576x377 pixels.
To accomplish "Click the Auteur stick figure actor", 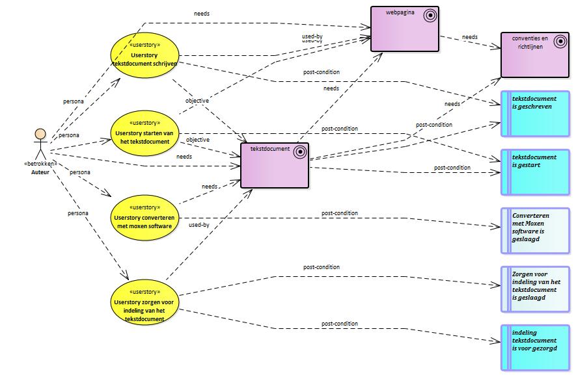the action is [40, 144].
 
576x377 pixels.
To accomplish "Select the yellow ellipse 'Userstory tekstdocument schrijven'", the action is [144, 55].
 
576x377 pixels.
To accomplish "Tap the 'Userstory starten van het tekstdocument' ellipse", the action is [144, 133].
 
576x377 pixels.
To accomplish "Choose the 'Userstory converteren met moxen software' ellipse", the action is [144, 218].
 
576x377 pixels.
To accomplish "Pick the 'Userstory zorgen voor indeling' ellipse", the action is [144, 302].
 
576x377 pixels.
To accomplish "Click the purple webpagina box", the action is [405, 29].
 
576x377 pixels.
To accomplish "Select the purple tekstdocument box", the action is [275, 165].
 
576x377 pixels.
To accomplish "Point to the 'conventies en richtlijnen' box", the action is [535, 55].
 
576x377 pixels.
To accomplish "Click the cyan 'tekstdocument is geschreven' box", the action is [535, 114].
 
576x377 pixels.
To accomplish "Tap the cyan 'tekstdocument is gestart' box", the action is [535, 172].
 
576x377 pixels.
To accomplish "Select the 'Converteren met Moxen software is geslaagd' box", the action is [535, 231].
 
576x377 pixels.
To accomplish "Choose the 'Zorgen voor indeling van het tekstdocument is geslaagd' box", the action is [535, 289].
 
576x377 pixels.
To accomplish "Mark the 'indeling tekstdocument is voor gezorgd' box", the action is [535, 348].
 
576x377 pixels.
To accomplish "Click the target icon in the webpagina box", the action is [430, 16].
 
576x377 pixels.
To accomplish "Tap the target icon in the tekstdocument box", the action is [300, 152].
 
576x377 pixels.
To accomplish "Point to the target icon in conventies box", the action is [560, 42].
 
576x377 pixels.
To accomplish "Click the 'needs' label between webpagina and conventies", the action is [470, 37].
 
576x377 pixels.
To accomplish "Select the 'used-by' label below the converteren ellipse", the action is [199, 225].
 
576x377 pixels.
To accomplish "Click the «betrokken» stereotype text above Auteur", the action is [40, 164].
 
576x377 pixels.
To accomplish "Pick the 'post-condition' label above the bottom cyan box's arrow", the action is [340, 324].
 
